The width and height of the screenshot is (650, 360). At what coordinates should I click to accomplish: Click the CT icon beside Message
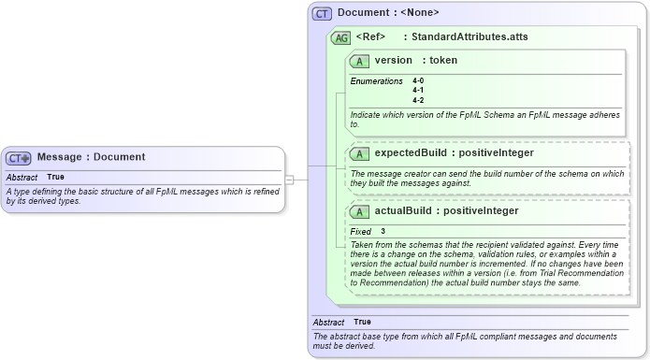(20, 158)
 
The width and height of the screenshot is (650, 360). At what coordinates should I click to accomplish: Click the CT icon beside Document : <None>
(323, 13)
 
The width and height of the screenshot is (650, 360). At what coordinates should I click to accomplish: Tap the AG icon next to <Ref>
(341, 37)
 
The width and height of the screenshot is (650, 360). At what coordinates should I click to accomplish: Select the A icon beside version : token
(359, 61)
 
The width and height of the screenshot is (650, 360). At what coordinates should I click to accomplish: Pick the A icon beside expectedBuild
(359, 153)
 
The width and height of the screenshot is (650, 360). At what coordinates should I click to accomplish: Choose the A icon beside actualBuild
(359, 211)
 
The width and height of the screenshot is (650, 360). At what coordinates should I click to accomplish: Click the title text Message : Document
(91, 157)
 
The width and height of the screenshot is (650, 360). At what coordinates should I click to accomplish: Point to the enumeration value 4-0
(418, 81)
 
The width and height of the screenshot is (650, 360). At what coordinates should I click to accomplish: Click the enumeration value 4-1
(418, 91)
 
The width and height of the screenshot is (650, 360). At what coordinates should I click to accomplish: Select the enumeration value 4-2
(418, 100)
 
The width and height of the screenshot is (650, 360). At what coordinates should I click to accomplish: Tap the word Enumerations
(376, 81)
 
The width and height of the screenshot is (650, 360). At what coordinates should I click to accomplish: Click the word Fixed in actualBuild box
(361, 231)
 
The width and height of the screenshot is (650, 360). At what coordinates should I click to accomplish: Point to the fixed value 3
(383, 231)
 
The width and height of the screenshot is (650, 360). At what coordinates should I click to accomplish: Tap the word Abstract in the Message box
(22, 177)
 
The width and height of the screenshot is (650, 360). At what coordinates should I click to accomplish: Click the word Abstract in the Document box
(328, 322)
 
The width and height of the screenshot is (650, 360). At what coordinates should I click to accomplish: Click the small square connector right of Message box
(290, 179)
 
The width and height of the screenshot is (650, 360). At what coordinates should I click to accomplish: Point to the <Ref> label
(371, 36)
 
